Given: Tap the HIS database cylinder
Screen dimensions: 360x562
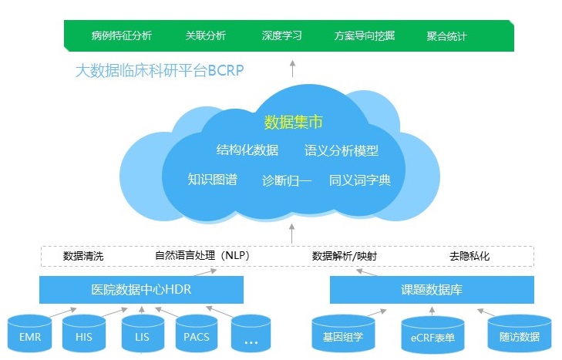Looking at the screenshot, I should point(84,336).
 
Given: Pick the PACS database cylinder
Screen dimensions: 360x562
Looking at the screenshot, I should point(197,336).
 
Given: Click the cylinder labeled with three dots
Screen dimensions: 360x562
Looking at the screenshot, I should point(251,336).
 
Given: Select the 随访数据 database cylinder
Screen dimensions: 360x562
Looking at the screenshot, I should point(519,336).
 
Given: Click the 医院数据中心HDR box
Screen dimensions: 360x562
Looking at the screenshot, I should point(141,291).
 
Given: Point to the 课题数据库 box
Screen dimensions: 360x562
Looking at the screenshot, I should point(431,291).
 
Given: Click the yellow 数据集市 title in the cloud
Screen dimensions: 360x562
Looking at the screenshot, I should point(292,122).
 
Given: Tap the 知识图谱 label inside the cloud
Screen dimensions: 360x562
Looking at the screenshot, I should point(212,180).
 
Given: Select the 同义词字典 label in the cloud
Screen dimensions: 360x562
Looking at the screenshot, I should point(360,180).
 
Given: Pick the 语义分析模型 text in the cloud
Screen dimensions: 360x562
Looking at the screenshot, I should point(342,150).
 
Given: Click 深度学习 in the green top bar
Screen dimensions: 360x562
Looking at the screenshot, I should point(281,36).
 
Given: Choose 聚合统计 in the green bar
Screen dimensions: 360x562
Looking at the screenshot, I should point(446,36).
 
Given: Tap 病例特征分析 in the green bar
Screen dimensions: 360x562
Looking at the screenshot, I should point(121,36).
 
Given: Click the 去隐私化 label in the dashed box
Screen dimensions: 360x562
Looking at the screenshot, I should point(469,256).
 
